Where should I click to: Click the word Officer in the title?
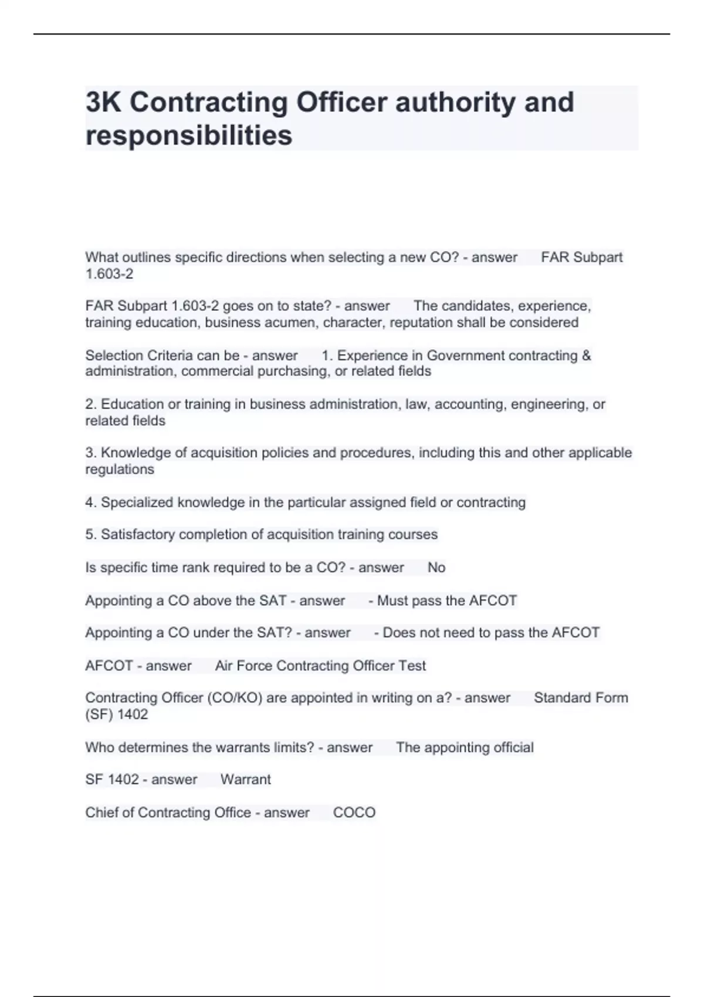[341, 102]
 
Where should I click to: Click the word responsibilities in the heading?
[188, 135]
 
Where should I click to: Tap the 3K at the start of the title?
[103, 102]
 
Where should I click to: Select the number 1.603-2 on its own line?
[109, 274]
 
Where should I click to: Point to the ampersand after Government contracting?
[586, 355]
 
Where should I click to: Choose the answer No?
[436, 567]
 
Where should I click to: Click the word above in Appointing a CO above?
[212, 601]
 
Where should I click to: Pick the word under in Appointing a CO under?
[212, 633]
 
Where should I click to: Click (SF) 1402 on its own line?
[116, 714]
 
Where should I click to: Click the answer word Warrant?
[245, 779]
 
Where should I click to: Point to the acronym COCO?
[354, 812]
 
